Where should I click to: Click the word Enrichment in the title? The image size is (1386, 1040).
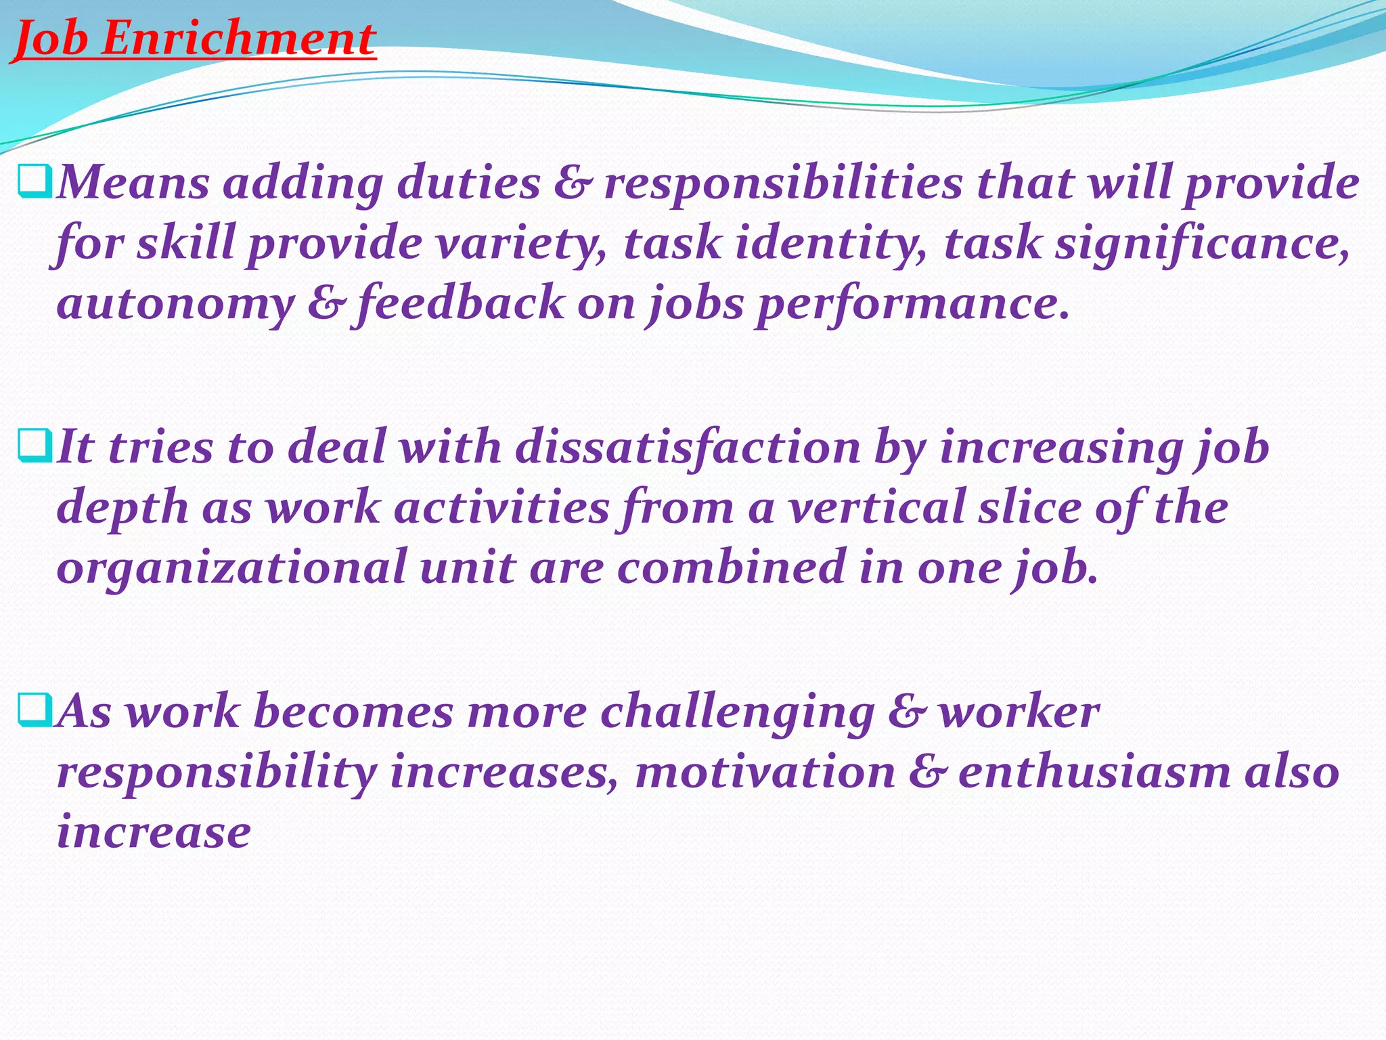pyautogui.click(x=238, y=39)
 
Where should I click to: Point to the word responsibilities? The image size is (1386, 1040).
pyautogui.click(x=783, y=184)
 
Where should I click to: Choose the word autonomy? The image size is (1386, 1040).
pyautogui.click(x=175, y=305)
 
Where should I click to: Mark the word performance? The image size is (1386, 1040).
pyautogui.click(x=913, y=305)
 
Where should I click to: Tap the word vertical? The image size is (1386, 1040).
pyautogui.click(x=876, y=508)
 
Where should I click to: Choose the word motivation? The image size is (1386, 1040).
pyautogui.click(x=765, y=772)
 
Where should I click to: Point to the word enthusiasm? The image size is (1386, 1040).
pyautogui.click(x=1094, y=772)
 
